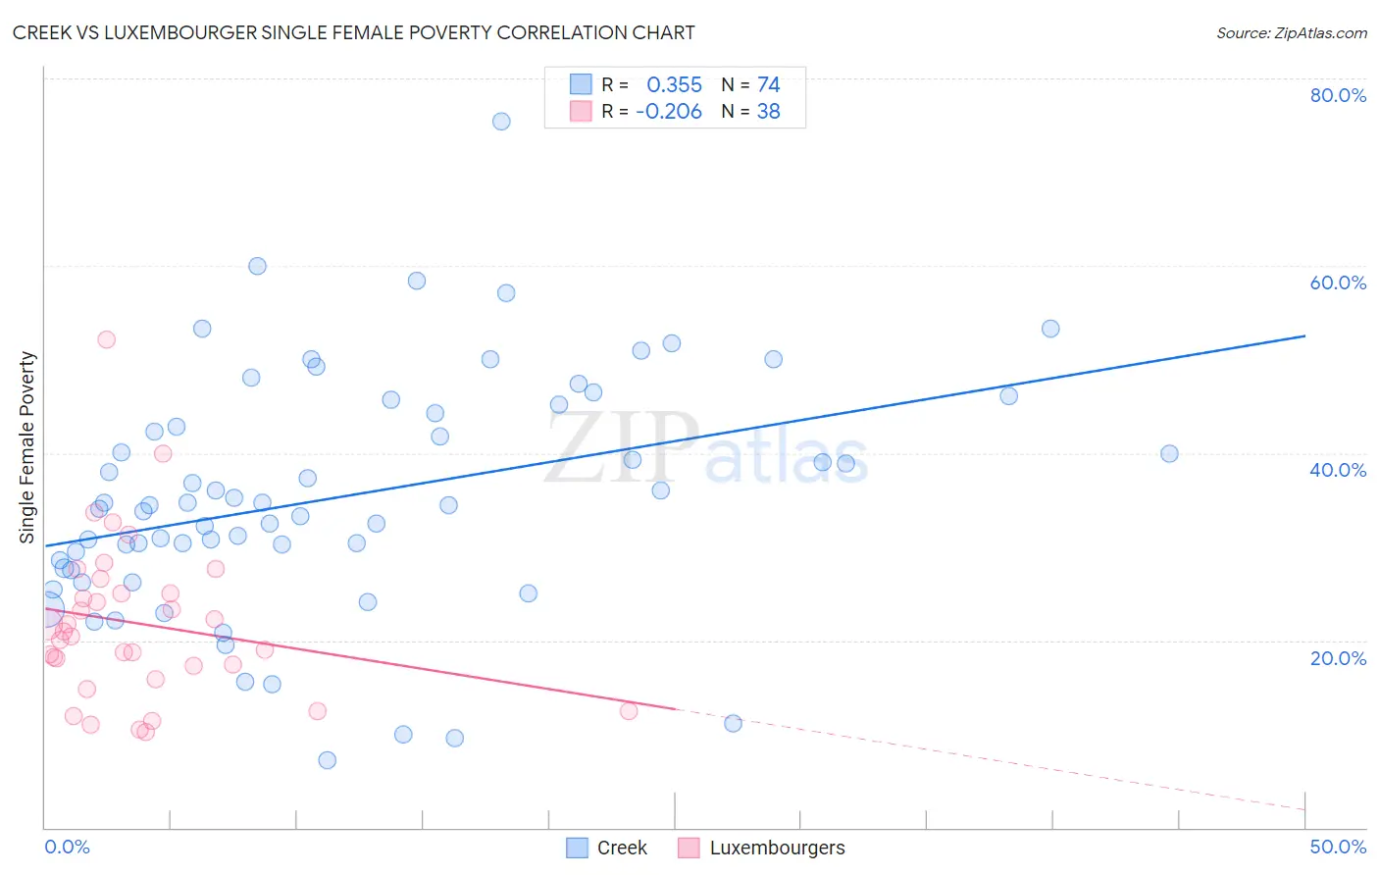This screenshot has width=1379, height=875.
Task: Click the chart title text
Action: [x=353, y=32]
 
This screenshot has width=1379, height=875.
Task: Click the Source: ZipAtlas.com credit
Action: [x=1291, y=32]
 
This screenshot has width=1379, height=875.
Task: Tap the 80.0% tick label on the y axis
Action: [x=1338, y=95]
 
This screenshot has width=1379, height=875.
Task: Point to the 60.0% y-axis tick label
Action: [x=1338, y=283]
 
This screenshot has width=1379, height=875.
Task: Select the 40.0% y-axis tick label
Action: [x=1338, y=470]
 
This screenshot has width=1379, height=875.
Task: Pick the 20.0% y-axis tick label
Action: [x=1338, y=658]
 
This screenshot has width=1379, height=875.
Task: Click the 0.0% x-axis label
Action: [x=67, y=847]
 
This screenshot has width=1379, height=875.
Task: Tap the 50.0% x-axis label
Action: [x=1338, y=847]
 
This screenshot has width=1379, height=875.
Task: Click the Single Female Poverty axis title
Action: [x=27, y=447]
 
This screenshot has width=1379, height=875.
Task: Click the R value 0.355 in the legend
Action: [x=674, y=85]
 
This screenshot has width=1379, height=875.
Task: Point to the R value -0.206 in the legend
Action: [x=669, y=112]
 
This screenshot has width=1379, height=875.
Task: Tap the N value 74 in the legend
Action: [x=768, y=85]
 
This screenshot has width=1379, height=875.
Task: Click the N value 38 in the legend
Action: [x=768, y=112]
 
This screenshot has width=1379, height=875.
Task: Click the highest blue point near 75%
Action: [x=501, y=122]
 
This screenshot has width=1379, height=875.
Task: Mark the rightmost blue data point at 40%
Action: [x=1169, y=453]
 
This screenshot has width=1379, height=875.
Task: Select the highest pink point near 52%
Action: [x=106, y=339]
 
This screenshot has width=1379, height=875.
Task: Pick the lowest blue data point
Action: [x=328, y=760]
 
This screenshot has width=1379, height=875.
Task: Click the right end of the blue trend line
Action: [x=1304, y=335]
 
